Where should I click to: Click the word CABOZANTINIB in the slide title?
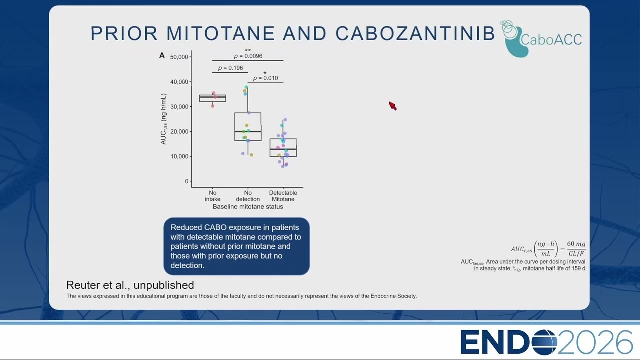coord(415,33)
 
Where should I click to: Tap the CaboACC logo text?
coord(551,39)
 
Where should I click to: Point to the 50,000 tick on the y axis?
coord(179,57)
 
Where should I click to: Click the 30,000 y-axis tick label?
coord(179,107)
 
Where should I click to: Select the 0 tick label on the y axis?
coord(187,181)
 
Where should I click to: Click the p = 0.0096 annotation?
coord(248,56)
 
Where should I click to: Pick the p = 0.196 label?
coord(230,68)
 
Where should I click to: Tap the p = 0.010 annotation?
coord(265,78)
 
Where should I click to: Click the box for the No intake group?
coord(213,98)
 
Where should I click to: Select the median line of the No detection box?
coord(248,131)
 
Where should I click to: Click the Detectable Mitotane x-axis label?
coord(283,196)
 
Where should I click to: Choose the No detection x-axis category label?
coord(248,196)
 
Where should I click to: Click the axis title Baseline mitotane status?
coord(248,207)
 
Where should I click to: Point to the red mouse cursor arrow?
coord(393,106)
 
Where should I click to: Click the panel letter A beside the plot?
coord(162,55)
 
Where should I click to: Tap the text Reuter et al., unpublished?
coord(130,285)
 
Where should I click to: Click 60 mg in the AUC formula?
coord(576,244)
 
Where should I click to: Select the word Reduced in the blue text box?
coord(186,227)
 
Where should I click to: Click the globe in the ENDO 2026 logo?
coord(545,342)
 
